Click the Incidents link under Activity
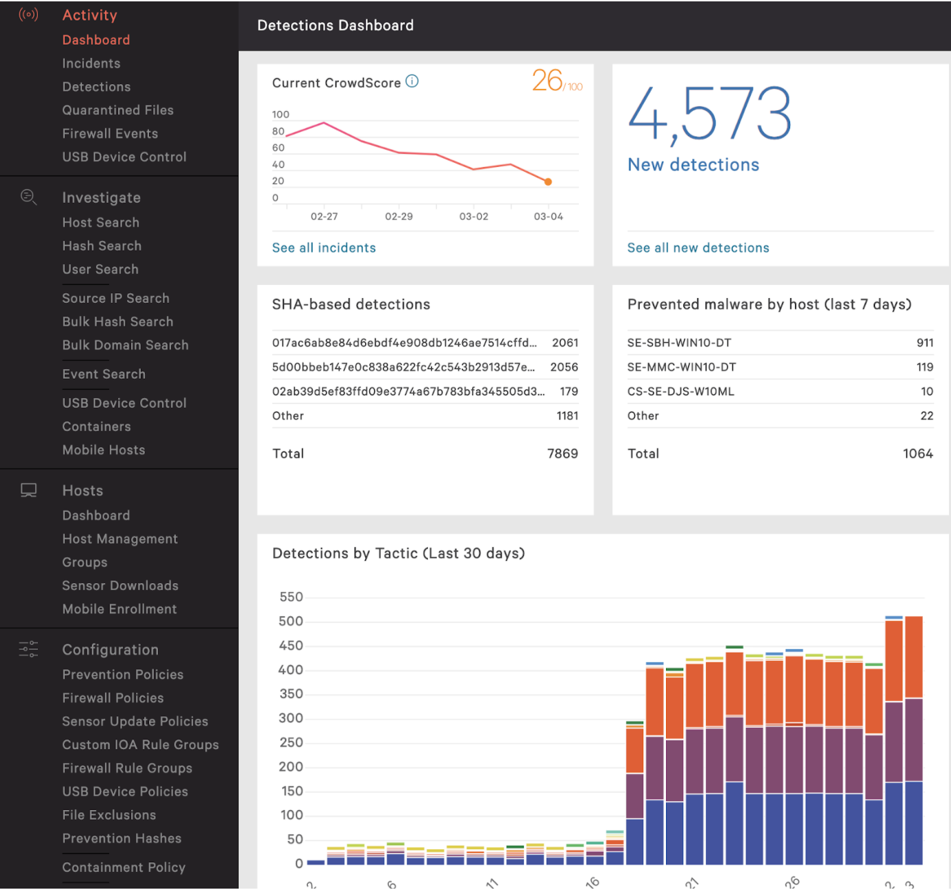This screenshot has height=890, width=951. (91, 63)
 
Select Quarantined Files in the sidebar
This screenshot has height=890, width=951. (117, 110)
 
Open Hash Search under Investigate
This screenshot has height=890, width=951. (101, 246)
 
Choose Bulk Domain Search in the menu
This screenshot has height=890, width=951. (125, 346)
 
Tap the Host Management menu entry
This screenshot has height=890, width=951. (119, 540)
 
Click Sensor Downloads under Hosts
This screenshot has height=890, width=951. (120, 586)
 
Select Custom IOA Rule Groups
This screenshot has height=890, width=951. (140, 745)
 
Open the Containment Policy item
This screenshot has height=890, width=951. (124, 868)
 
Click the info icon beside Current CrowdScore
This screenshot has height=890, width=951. (412, 81)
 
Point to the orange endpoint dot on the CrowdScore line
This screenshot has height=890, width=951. (548, 182)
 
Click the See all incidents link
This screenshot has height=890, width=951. (324, 248)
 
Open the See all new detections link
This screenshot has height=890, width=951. (698, 248)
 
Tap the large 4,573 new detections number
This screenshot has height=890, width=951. (709, 114)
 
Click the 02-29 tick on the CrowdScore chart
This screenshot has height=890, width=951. (399, 217)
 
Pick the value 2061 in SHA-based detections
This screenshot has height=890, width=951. (565, 343)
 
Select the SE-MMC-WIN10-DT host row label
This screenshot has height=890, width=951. (681, 368)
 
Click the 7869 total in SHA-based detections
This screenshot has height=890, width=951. (562, 454)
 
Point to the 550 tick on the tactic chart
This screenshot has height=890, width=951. (291, 597)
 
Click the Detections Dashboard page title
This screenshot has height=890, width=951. (335, 26)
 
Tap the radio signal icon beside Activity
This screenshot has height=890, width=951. (28, 14)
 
